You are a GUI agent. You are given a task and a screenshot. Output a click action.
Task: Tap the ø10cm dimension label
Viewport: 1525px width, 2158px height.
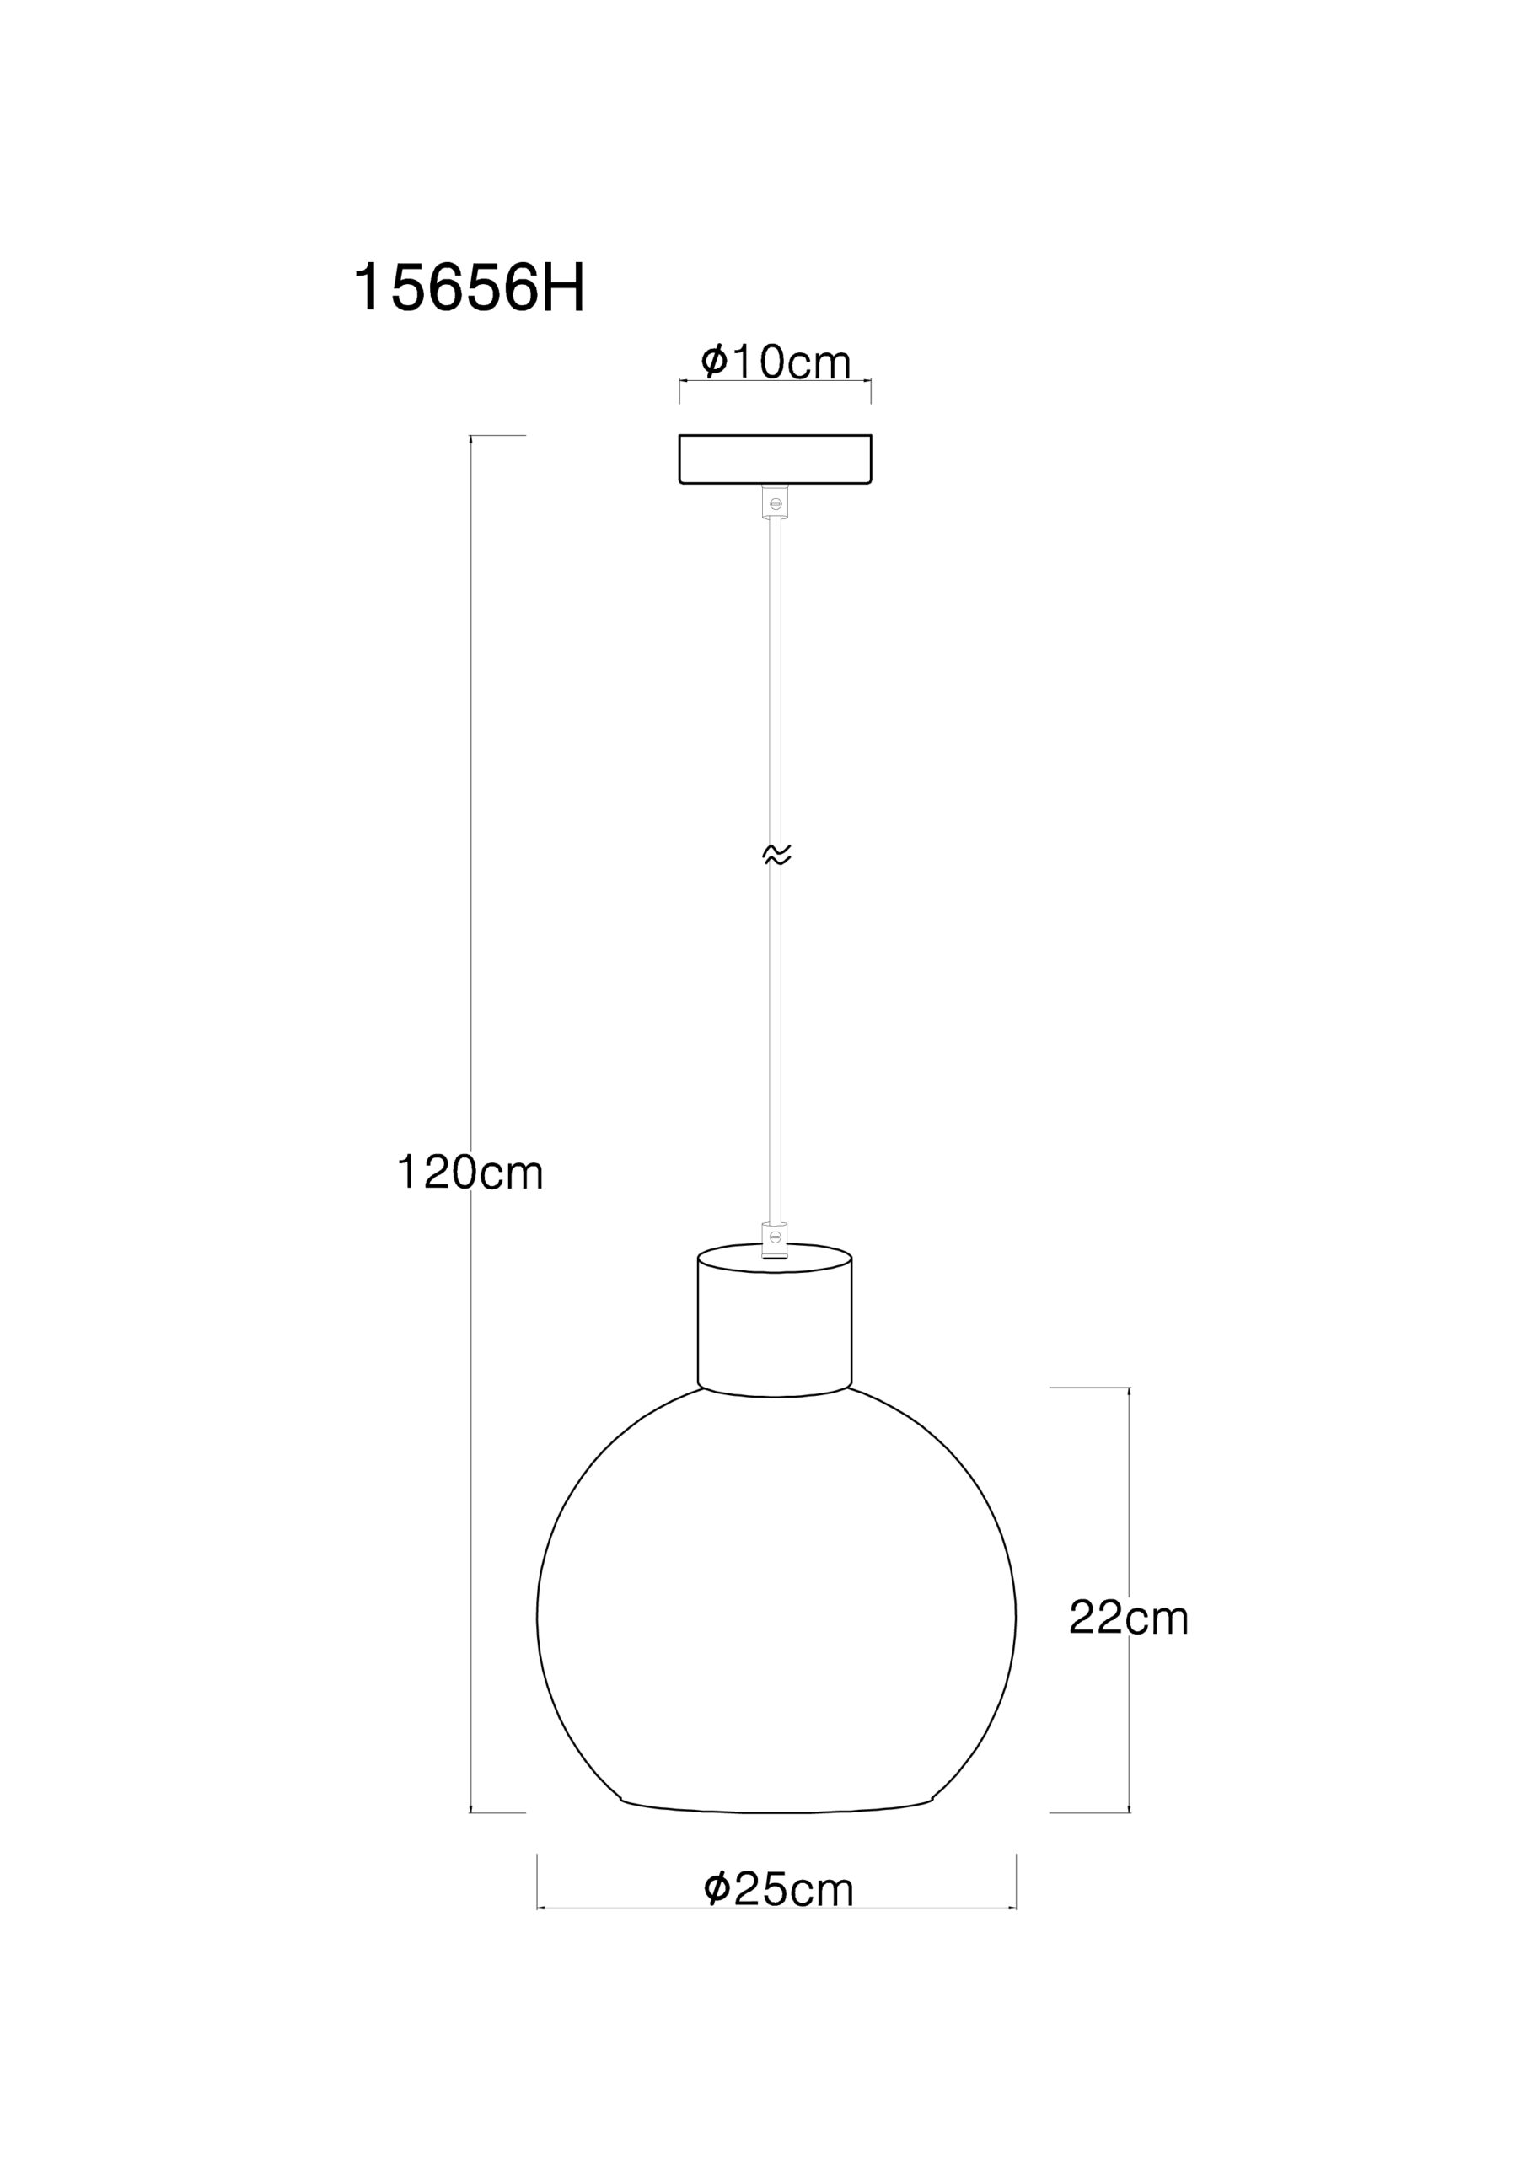776,362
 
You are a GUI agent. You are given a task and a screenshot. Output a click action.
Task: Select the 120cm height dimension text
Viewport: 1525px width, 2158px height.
470,1173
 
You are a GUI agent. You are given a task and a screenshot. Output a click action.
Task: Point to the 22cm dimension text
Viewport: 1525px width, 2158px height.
1128,1618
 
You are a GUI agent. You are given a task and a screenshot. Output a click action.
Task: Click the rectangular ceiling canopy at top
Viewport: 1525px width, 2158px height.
776,459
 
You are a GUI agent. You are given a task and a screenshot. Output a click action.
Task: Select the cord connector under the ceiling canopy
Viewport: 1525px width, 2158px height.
776,501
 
